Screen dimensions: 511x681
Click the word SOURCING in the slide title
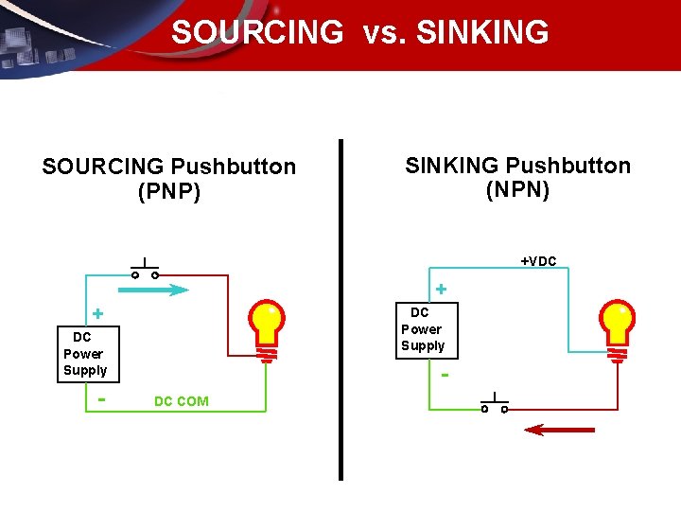tap(257, 33)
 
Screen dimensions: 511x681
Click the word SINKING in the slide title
tap(482, 33)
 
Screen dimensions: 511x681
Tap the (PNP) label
tap(169, 192)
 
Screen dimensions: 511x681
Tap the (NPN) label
tap(517, 190)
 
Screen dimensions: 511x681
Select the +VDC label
tap(538, 261)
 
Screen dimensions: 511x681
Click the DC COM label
tap(181, 401)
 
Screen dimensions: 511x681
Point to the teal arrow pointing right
tap(156, 291)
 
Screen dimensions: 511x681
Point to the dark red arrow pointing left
tap(559, 430)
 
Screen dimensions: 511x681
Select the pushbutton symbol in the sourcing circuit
tap(145, 270)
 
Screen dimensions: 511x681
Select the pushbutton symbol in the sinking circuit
tap(494, 404)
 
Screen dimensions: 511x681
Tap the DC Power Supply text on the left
tap(84, 354)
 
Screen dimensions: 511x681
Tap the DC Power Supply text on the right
tap(422, 328)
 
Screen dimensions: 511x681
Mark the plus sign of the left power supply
tap(96, 314)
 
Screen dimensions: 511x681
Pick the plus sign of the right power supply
tap(441, 288)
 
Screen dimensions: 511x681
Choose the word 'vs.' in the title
tap(379, 33)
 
